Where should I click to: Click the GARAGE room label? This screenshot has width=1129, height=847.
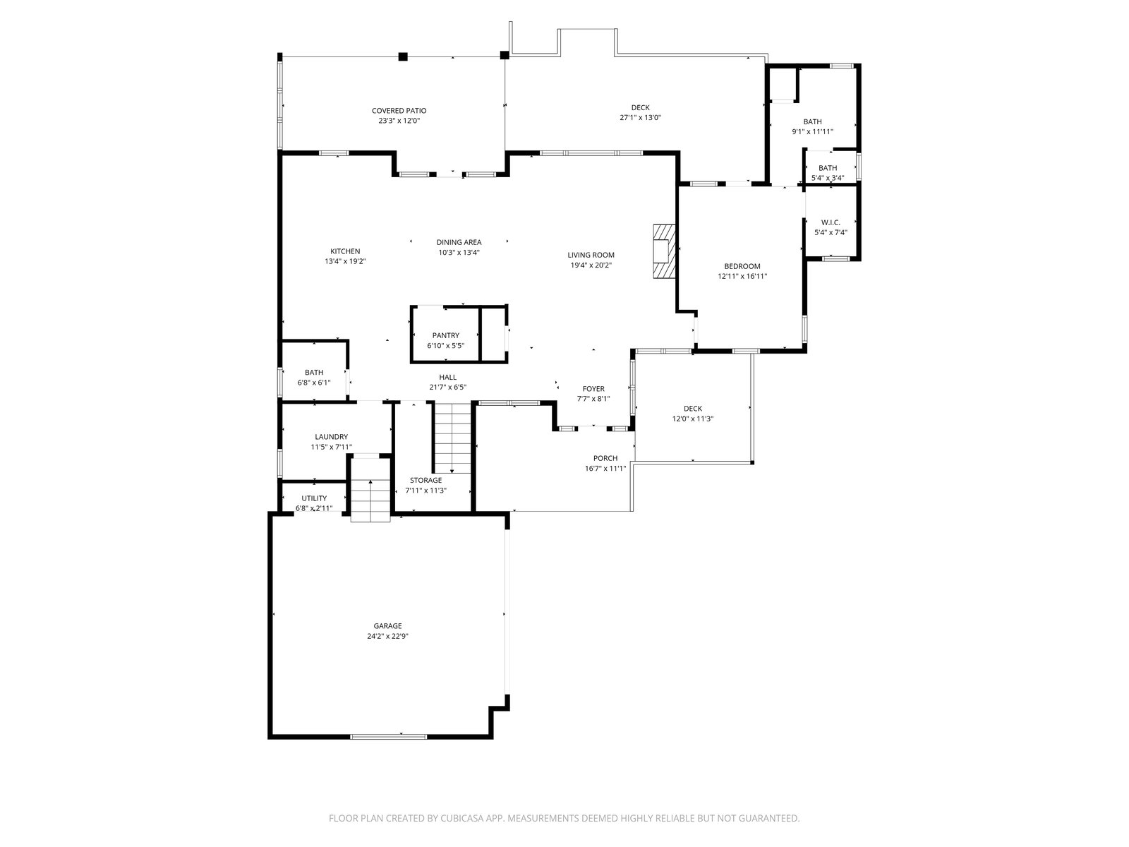pyautogui.click(x=387, y=626)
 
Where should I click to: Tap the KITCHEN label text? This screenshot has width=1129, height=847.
pyautogui.click(x=344, y=251)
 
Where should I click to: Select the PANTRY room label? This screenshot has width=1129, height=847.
pyautogui.click(x=445, y=335)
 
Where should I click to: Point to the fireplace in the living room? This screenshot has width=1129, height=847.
pyautogui.click(x=663, y=251)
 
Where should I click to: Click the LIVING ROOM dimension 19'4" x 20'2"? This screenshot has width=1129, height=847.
pyautogui.click(x=591, y=265)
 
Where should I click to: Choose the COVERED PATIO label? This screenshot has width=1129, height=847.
pyautogui.click(x=399, y=111)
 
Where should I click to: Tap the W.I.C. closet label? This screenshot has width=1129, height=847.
pyautogui.click(x=831, y=222)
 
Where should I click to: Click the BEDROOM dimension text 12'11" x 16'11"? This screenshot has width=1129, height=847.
pyautogui.click(x=742, y=276)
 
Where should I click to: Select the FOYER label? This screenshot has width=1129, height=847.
pyautogui.click(x=593, y=389)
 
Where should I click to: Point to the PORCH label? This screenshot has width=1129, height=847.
pyautogui.click(x=605, y=458)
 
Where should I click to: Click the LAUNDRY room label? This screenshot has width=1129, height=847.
pyautogui.click(x=331, y=437)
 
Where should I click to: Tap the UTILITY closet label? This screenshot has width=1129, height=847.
pyautogui.click(x=314, y=498)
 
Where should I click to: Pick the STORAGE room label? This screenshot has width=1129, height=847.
pyautogui.click(x=426, y=481)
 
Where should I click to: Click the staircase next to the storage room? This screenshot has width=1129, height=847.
pyautogui.click(x=452, y=438)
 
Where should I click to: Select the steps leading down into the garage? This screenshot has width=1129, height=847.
pyautogui.click(x=370, y=500)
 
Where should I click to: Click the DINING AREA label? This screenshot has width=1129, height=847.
pyautogui.click(x=459, y=242)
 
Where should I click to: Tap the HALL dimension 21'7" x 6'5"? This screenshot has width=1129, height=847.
pyautogui.click(x=448, y=388)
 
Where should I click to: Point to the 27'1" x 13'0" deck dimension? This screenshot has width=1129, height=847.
pyautogui.click(x=641, y=117)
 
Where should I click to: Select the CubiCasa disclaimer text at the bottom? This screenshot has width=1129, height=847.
pyautogui.click(x=564, y=817)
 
